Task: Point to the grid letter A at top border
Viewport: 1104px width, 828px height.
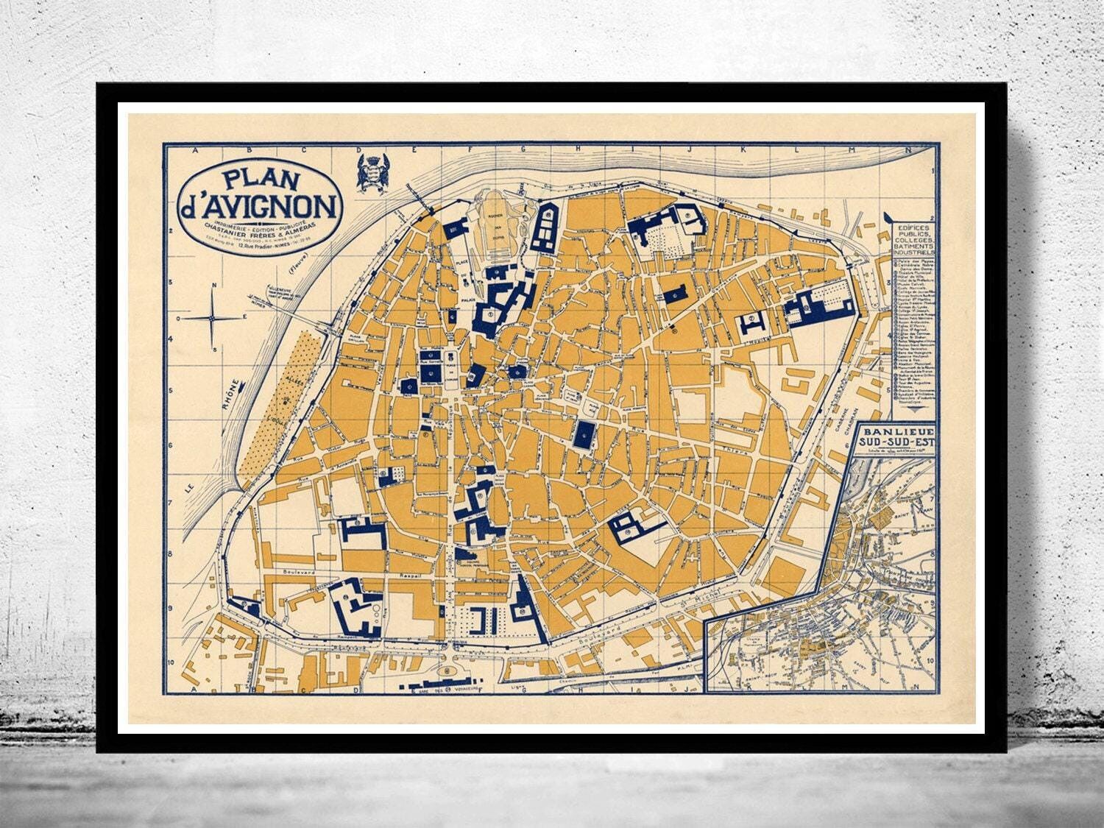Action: coord(195,152)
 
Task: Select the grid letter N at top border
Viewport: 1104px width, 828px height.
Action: coord(905,152)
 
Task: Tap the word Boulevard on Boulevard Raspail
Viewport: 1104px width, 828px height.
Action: coord(300,570)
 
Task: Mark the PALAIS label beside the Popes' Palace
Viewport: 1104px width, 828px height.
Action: coord(465,300)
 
